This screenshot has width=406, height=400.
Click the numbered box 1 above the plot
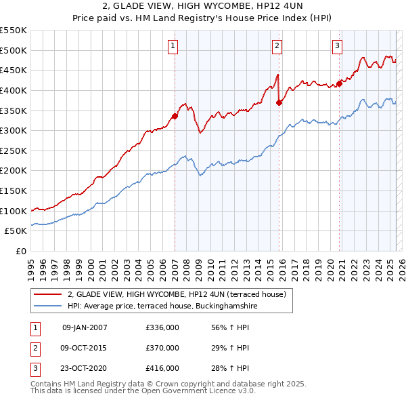pos(173,46)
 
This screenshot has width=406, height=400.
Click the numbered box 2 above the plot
pos(277,46)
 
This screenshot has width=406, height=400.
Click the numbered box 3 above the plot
pos(337,46)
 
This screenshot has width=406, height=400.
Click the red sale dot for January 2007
pos(175,116)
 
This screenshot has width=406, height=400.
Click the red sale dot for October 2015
pos(279,102)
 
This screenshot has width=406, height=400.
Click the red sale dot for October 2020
pos(340,83)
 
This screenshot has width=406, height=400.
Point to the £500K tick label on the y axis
pos(14,50)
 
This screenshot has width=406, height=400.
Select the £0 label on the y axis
pos(20,252)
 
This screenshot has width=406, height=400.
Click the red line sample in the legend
pos(48,294)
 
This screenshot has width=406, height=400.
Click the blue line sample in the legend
pos(48,306)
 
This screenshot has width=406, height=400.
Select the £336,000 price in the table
pos(162,327)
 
